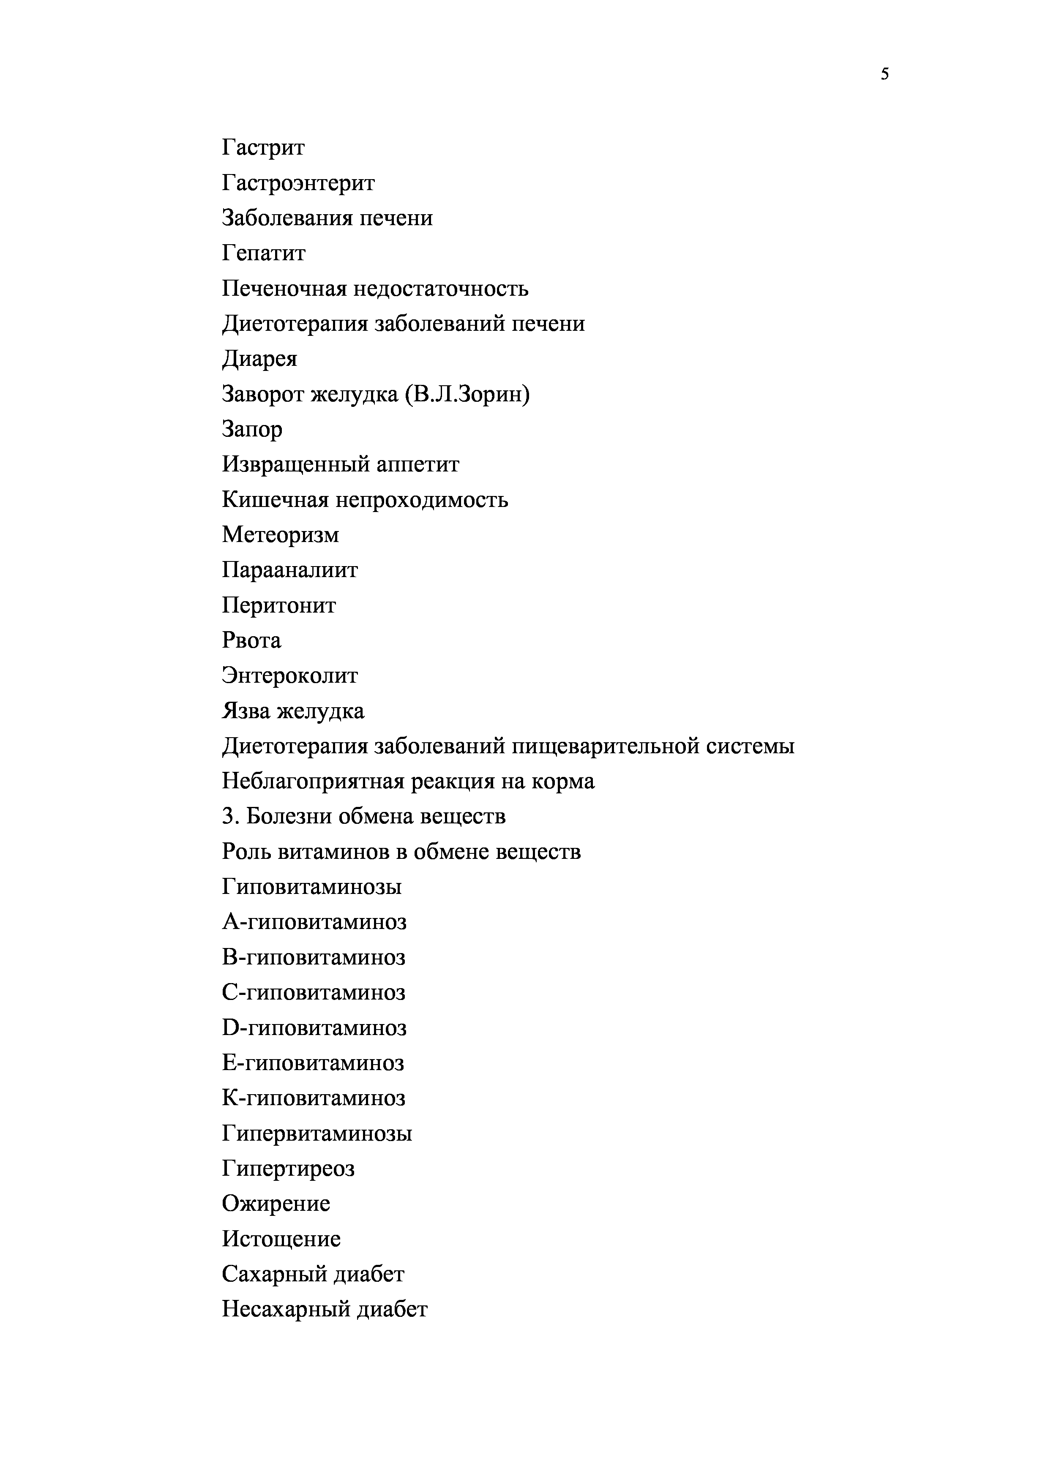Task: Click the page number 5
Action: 884,74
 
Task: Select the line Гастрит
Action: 263,148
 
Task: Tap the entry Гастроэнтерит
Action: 298,183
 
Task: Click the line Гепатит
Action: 263,253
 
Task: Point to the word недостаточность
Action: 440,289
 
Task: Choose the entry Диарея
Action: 259,359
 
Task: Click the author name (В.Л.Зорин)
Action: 467,394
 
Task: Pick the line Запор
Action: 252,429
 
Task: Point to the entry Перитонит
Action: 279,605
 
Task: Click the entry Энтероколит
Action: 290,676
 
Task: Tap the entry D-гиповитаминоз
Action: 314,1027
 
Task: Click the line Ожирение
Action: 276,1203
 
